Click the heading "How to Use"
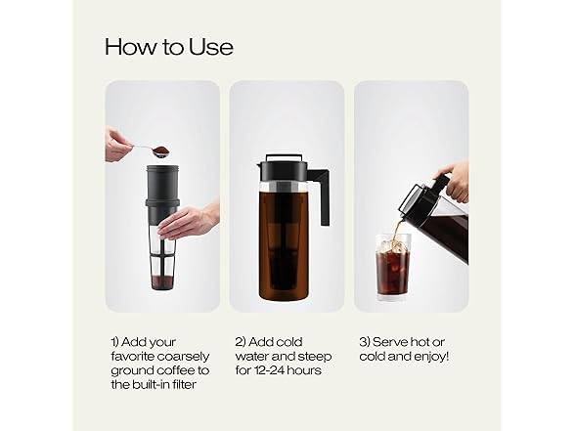(168, 47)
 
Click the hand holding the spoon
(117, 146)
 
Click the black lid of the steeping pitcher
(283, 169)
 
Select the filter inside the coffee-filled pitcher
(283, 244)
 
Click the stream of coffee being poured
(396, 229)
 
